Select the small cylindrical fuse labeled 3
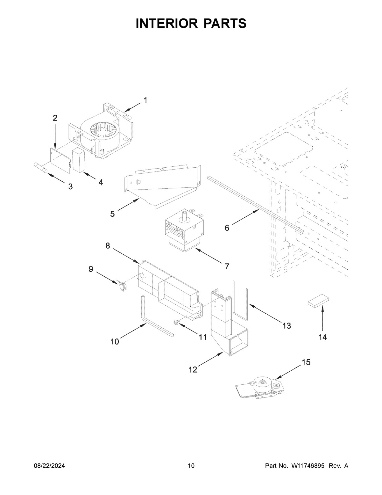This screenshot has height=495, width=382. [40, 168]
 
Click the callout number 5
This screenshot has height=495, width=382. [112, 214]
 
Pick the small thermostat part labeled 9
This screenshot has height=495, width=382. [121, 284]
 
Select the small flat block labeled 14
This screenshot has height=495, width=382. [318, 301]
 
